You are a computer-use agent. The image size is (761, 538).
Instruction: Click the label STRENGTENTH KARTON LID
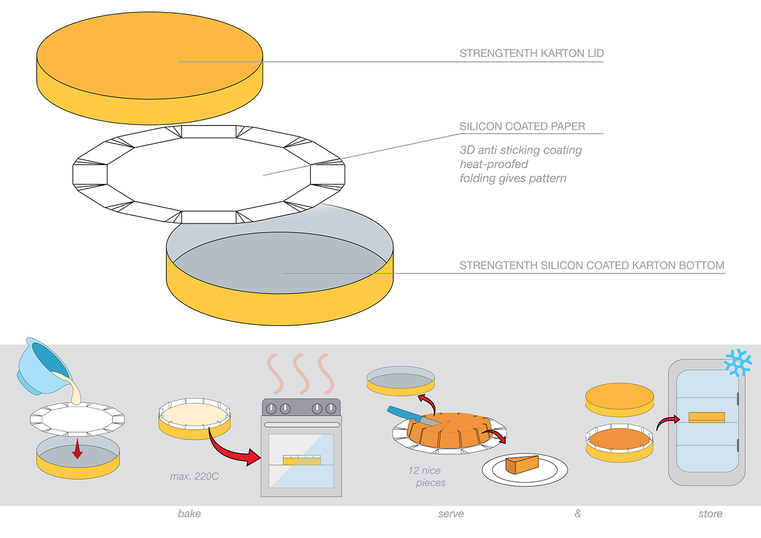click(532, 53)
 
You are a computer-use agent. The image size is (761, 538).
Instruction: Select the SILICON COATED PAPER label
click(522, 126)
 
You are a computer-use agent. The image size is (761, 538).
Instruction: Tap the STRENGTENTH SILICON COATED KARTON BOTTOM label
click(592, 265)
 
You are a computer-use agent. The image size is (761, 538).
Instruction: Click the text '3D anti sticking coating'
click(521, 150)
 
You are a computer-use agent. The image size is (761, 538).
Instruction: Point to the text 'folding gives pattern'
click(513, 178)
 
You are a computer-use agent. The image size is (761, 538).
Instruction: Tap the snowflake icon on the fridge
click(738, 362)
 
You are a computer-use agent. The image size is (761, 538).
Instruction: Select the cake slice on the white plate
click(522, 464)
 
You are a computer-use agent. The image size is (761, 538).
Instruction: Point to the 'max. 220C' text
click(195, 477)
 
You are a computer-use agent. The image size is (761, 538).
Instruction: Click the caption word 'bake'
click(189, 514)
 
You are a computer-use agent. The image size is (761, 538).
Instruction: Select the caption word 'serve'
click(451, 514)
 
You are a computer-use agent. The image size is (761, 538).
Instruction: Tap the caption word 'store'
click(710, 514)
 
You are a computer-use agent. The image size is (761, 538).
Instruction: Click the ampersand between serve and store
click(577, 514)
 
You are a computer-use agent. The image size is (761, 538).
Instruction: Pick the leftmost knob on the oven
click(271, 409)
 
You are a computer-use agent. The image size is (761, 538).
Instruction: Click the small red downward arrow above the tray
click(77, 449)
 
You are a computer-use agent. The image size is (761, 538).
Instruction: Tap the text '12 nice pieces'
click(427, 477)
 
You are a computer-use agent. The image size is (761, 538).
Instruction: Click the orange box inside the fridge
click(707, 417)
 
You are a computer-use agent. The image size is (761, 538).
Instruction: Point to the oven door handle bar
click(302, 425)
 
